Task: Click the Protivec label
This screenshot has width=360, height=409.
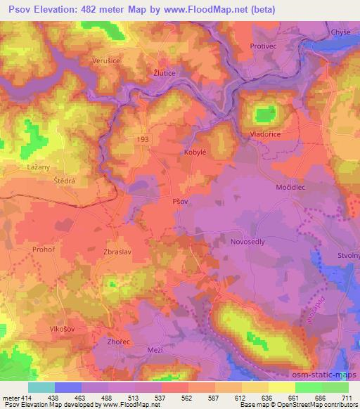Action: coord(262,46)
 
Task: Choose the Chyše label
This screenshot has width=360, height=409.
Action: coord(342,32)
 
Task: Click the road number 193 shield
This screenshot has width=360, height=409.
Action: coord(143,140)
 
